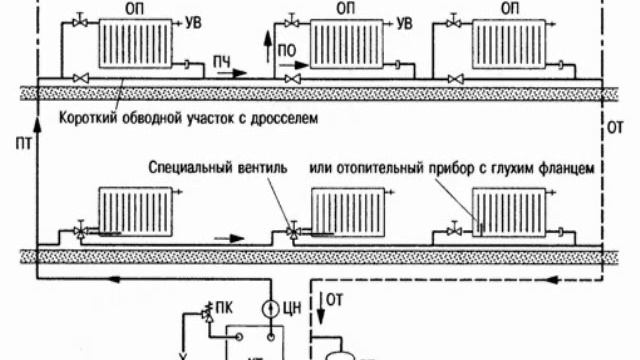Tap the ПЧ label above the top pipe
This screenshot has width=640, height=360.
tap(221, 65)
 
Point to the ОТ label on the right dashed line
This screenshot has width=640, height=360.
tap(615, 127)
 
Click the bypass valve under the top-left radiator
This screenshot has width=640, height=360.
tap(84, 78)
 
